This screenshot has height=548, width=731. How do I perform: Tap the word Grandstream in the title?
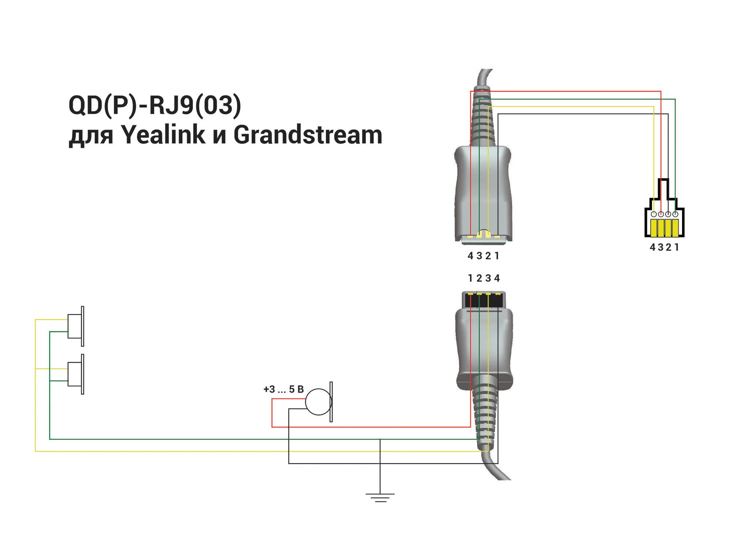coord(308,134)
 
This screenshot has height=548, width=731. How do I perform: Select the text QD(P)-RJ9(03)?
coord(155,105)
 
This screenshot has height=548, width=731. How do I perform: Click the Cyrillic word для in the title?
coord(91,137)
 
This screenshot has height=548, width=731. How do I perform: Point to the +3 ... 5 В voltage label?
coord(284,389)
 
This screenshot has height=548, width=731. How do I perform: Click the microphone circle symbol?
coord(319,402)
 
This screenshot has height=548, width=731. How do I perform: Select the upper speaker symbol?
coord(76,326)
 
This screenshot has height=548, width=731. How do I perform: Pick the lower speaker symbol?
coord(76,374)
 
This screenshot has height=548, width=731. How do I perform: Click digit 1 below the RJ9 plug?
coord(677,247)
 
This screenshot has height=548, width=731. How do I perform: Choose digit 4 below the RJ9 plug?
coord(653,247)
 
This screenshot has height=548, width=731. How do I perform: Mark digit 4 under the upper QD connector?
coord(471,256)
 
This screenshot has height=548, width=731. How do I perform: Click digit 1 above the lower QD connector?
coord(471,278)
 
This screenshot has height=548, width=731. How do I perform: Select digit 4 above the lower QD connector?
coord(497,278)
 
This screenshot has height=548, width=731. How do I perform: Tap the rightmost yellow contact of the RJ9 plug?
coord(675,228)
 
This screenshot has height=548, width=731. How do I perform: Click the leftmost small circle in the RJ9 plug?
coord(654,214)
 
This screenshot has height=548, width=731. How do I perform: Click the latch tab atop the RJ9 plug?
coord(664,189)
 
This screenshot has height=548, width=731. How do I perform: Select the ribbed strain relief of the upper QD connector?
coord(484,117)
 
